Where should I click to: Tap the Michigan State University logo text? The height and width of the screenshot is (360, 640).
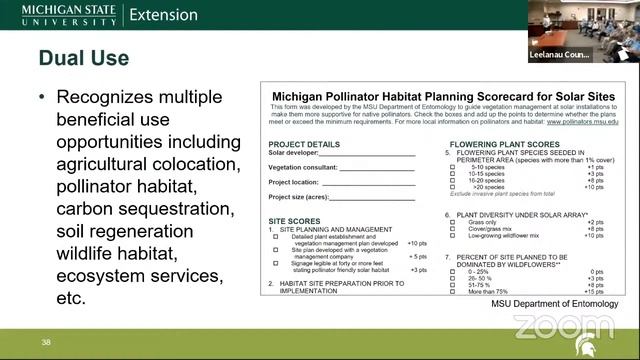coord(58,15)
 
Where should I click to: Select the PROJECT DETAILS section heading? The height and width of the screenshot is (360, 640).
coord(305,145)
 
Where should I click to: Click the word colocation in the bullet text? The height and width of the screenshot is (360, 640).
coord(191,163)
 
